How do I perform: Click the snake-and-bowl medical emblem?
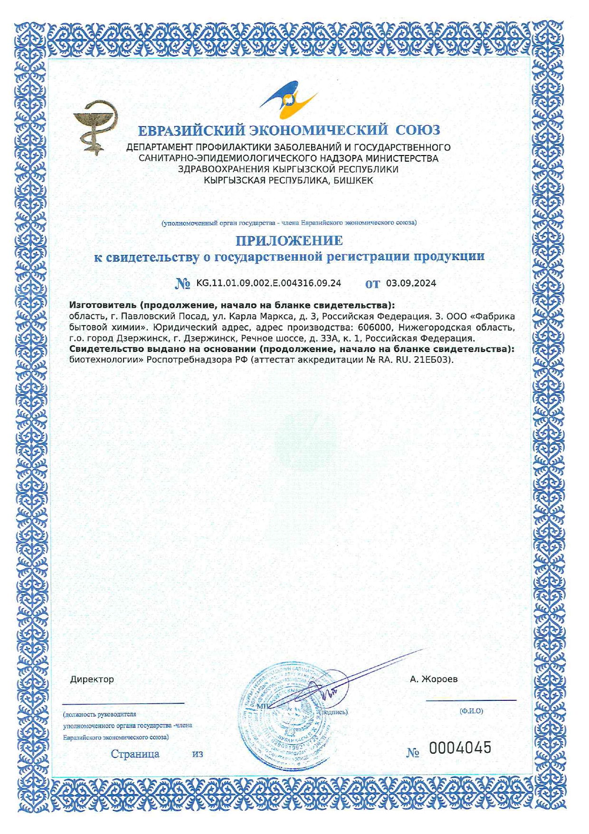(x=95, y=127)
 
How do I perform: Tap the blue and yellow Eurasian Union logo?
(x=288, y=99)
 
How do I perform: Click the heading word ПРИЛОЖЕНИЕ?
(x=289, y=241)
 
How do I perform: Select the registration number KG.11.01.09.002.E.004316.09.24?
(x=268, y=283)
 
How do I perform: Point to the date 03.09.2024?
(x=411, y=283)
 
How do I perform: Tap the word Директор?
(x=92, y=679)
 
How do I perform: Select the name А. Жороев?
(x=434, y=679)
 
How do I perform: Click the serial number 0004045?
(x=460, y=748)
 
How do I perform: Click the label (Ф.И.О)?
(x=471, y=711)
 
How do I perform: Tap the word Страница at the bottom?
(x=135, y=754)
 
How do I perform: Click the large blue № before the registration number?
(x=183, y=284)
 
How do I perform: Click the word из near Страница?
(x=198, y=754)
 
